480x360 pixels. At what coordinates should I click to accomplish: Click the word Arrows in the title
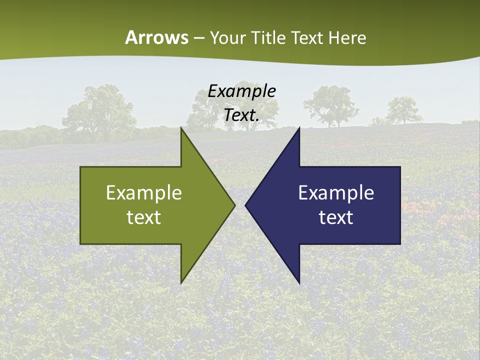point(156,37)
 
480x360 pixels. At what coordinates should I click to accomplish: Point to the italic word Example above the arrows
point(242,91)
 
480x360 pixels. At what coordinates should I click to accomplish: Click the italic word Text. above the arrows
point(242,115)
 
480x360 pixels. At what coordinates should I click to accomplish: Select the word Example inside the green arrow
point(144,193)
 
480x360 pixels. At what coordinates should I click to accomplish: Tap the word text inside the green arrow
point(144,217)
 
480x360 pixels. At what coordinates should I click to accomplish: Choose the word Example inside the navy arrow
point(336,193)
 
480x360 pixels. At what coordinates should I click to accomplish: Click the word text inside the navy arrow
point(336,217)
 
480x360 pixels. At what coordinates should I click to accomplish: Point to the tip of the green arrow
point(234,205)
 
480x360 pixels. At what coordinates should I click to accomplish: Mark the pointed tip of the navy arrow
point(245,205)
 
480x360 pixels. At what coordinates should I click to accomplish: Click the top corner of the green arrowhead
point(181,128)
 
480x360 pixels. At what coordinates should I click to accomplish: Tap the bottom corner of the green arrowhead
point(181,282)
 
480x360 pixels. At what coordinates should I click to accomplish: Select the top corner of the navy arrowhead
point(299,128)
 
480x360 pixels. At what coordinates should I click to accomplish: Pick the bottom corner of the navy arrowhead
point(299,283)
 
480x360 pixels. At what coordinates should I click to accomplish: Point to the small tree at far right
point(403,110)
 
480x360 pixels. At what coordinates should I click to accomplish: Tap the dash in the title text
point(198,38)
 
